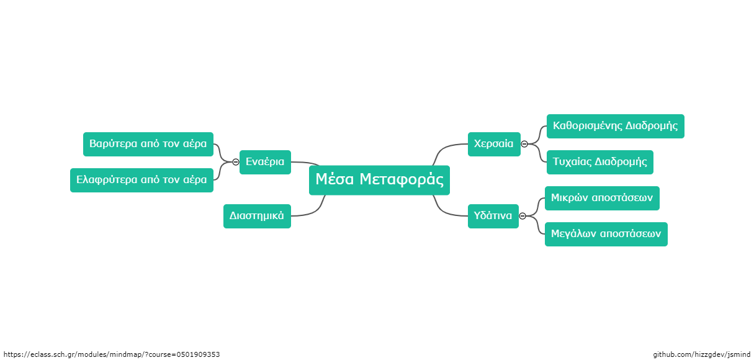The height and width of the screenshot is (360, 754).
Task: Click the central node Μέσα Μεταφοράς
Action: tap(379, 180)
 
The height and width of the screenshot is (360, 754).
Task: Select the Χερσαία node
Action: tap(494, 144)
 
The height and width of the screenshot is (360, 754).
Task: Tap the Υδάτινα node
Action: tap(493, 216)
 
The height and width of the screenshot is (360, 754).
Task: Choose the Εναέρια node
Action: tap(265, 163)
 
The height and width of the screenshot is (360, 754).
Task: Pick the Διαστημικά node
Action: tap(257, 216)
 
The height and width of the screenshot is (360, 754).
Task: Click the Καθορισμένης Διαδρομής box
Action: tap(616, 126)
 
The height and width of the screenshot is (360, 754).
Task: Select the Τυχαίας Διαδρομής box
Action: tap(600, 163)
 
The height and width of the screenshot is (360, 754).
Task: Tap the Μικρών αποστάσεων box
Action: tap(602, 199)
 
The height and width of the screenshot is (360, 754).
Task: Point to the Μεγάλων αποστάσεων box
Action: tap(606, 235)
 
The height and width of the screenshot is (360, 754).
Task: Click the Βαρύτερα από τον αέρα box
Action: tap(148, 144)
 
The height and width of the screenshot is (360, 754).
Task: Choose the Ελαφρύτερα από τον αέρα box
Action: tap(141, 180)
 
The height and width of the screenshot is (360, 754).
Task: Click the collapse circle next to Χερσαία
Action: tap(524, 144)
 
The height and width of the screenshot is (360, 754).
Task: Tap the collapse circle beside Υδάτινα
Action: tap(523, 216)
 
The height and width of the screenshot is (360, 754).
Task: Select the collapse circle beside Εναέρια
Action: tap(236, 163)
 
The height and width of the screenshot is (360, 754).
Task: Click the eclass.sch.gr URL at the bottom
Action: tap(112, 354)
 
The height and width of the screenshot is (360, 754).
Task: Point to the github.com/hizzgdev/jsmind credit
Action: tap(702, 354)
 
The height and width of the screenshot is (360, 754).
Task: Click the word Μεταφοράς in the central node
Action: tap(402, 179)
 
